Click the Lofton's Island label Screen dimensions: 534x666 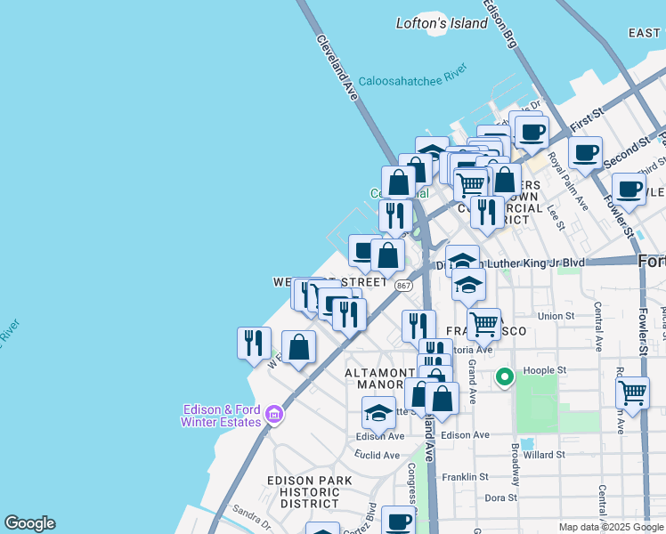click(x=443, y=23)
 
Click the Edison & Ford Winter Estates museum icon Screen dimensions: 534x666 click(x=274, y=415)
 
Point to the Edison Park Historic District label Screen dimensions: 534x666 click(x=310, y=491)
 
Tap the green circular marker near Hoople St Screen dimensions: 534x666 click(x=504, y=378)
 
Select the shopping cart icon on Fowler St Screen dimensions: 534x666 click(x=632, y=392)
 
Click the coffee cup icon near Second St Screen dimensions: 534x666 click(x=585, y=152)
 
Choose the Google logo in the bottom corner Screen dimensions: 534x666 click(x=29, y=523)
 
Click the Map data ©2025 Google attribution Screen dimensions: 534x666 click(x=611, y=527)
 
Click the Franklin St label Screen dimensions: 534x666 click(x=487, y=476)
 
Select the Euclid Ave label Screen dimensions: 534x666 click(x=378, y=455)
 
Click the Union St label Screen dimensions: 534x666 click(x=556, y=316)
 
